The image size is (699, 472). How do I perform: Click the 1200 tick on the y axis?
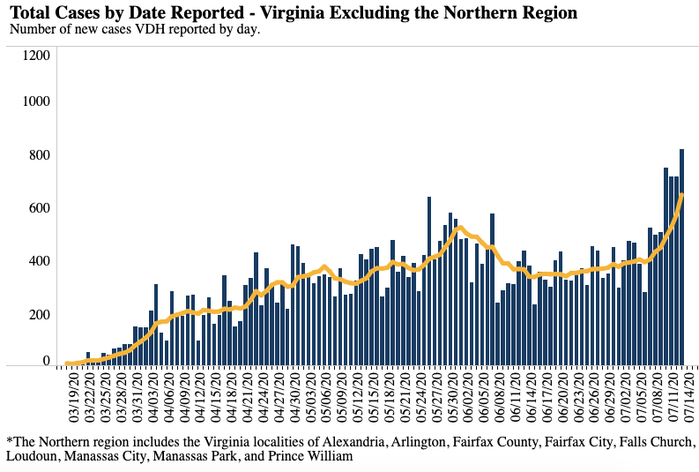(x=37, y=55)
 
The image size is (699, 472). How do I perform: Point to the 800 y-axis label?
(x=41, y=155)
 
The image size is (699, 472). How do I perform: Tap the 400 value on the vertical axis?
(x=41, y=261)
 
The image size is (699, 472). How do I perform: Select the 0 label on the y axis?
(x=47, y=360)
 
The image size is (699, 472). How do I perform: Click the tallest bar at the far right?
(x=681, y=256)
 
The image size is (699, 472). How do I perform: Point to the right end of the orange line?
(x=682, y=195)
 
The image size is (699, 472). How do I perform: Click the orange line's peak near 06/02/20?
(x=461, y=228)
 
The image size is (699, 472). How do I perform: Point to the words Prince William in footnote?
(x=309, y=457)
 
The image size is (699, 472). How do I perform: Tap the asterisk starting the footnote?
(x=9, y=439)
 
